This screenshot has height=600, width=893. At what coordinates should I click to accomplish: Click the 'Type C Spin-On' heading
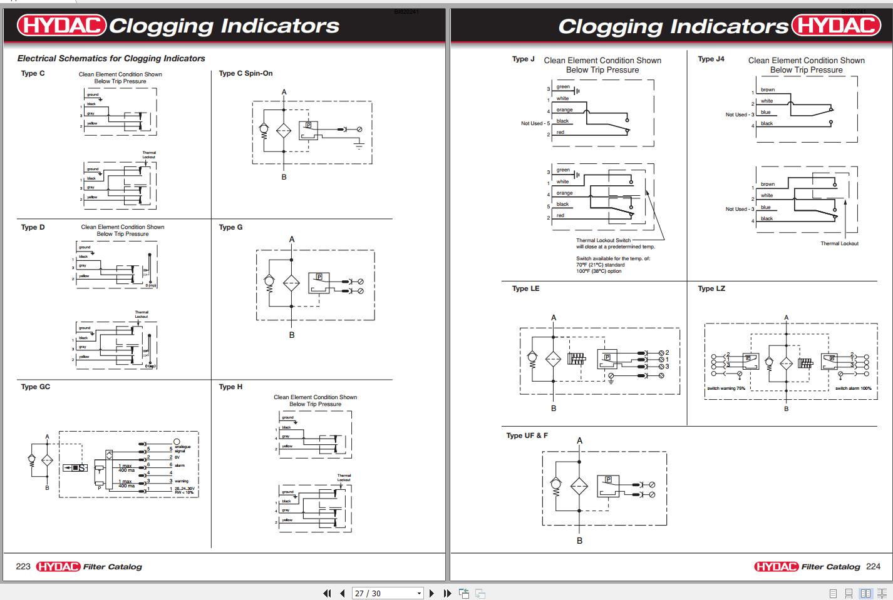tap(245, 73)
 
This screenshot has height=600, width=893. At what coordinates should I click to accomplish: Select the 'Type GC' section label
tap(36, 387)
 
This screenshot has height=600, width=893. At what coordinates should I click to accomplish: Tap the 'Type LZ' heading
tap(711, 288)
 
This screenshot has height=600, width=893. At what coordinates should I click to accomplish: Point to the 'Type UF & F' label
tap(527, 435)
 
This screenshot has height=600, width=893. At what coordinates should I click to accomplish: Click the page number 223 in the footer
tap(23, 566)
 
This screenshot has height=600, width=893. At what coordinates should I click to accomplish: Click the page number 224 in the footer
tap(873, 566)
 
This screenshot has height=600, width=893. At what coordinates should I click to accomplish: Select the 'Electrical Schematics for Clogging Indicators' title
tap(111, 58)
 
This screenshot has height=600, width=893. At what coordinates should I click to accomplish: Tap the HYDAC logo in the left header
tap(61, 25)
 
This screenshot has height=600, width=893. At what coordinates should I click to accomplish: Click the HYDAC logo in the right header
tap(836, 25)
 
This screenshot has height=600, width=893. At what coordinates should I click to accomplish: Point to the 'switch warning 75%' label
tap(726, 389)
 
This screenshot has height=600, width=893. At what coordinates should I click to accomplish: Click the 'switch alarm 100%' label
tap(853, 389)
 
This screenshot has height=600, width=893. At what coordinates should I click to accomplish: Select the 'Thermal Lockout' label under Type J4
tap(839, 243)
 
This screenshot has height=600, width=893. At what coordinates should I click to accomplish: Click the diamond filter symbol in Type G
tap(292, 283)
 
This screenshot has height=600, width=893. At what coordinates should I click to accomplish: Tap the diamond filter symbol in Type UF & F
tap(579, 487)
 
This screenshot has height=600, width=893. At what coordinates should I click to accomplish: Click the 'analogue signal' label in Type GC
tap(182, 449)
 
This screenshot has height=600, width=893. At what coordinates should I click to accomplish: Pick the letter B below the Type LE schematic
tap(554, 409)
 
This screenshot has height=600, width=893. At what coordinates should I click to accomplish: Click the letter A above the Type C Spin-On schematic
tap(284, 92)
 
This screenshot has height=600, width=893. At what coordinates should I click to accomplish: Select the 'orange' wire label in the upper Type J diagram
tap(564, 110)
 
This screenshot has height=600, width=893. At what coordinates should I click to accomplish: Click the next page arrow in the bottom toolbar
tap(432, 593)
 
